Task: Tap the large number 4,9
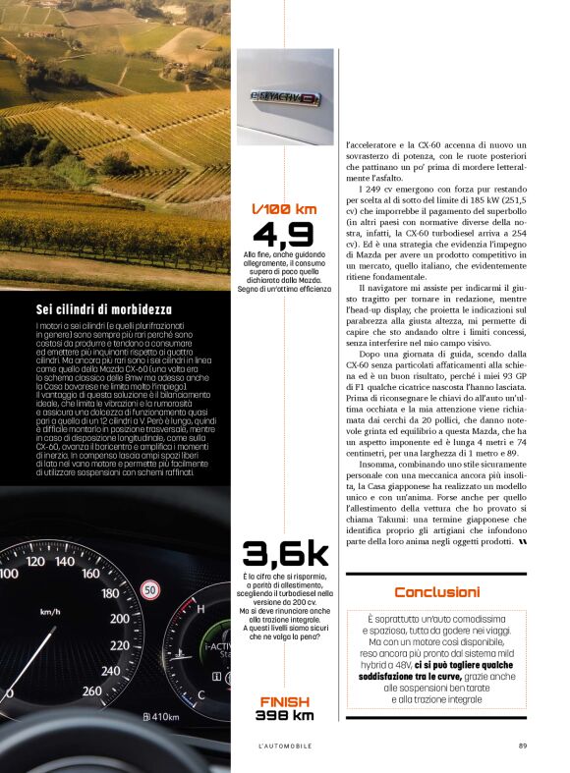click(284, 236)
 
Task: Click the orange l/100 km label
click(284, 209)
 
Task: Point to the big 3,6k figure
click(284, 554)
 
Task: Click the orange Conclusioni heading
click(436, 592)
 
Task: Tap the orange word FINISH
click(285, 701)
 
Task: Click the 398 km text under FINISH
click(285, 715)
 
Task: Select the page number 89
click(523, 745)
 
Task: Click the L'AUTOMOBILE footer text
click(285, 745)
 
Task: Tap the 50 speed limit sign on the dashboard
click(150, 590)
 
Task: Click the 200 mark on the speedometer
click(120, 619)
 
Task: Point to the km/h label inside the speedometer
click(50, 612)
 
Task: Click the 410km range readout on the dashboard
click(160, 716)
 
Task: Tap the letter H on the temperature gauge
click(201, 610)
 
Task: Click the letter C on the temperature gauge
click(200, 694)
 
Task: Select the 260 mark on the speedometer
click(90, 690)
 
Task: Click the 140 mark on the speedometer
click(66, 562)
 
